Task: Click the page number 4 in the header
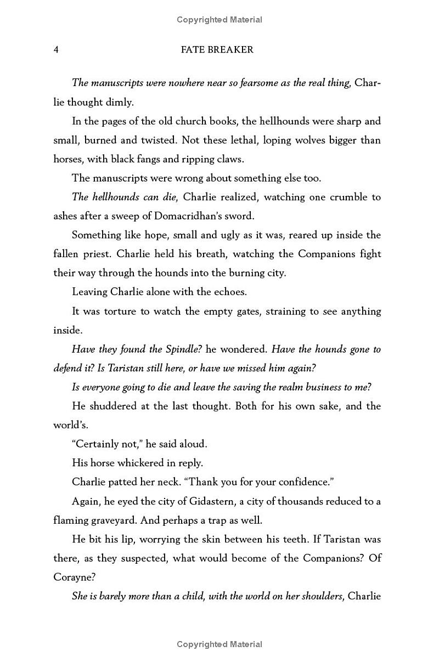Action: pos(56,50)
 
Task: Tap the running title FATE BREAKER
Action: pos(217,50)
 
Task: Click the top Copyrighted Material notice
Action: pos(219,20)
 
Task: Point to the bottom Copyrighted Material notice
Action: pos(219,644)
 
